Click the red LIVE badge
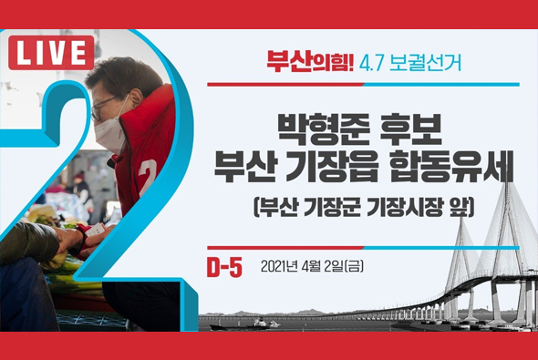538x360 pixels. [x=51, y=54]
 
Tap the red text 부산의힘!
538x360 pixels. [x=297, y=63]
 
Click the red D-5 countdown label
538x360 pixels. [x=224, y=266]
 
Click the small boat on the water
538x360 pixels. [x=265, y=324]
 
